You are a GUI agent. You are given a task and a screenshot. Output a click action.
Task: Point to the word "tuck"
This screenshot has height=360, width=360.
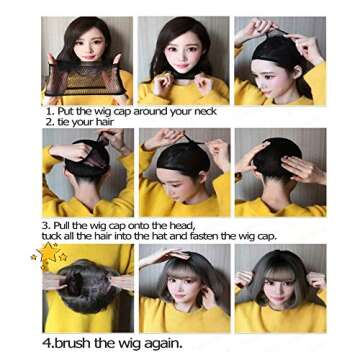pyautogui.click(x=55, y=236)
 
